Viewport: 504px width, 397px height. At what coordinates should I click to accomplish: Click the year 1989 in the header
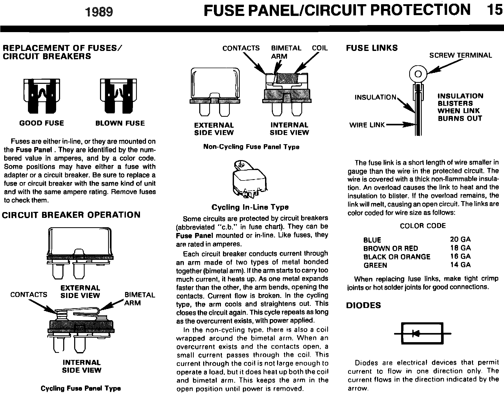pyautogui.click(x=99, y=12)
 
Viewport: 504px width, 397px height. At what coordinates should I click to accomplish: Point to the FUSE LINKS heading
pyautogui.click(x=372, y=48)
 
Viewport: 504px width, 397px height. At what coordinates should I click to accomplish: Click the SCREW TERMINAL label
pyautogui.click(x=461, y=55)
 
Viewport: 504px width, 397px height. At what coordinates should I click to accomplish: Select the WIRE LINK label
pyautogui.click(x=367, y=125)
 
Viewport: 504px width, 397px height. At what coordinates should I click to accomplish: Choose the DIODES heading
pyautogui.click(x=364, y=305)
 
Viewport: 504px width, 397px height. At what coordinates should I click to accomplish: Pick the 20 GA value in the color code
pyautogui.click(x=460, y=239)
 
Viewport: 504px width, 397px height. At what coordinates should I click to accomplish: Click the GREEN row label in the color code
pyautogui.click(x=375, y=265)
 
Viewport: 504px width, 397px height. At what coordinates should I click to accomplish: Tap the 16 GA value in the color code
pyautogui.click(x=460, y=256)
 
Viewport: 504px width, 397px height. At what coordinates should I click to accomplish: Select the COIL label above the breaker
pyautogui.click(x=320, y=48)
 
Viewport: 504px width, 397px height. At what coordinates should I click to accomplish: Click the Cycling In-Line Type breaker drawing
pyautogui.click(x=249, y=180)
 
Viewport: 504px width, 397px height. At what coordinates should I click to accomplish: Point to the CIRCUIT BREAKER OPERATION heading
pyautogui.click(x=71, y=215)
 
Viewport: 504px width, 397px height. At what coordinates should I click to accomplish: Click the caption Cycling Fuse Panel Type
pyautogui.click(x=81, y=388)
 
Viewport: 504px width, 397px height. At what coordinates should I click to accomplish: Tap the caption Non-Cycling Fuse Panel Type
pyautogui.click(x=251, y=147)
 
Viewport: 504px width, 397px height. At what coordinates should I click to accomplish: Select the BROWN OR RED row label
pyautogui.click(x=391, y=248)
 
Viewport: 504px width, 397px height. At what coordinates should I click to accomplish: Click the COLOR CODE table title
pyautogui.click(x=423, y=226)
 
